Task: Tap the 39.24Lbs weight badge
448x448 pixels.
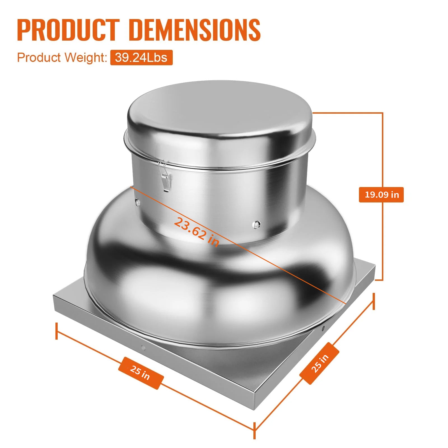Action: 141,57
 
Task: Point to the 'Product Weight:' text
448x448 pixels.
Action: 62,57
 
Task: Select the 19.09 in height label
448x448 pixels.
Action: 381,195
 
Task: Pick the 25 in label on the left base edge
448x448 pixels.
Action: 141,373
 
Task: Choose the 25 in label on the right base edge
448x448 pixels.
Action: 319,363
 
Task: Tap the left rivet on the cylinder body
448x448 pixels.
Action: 137,201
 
